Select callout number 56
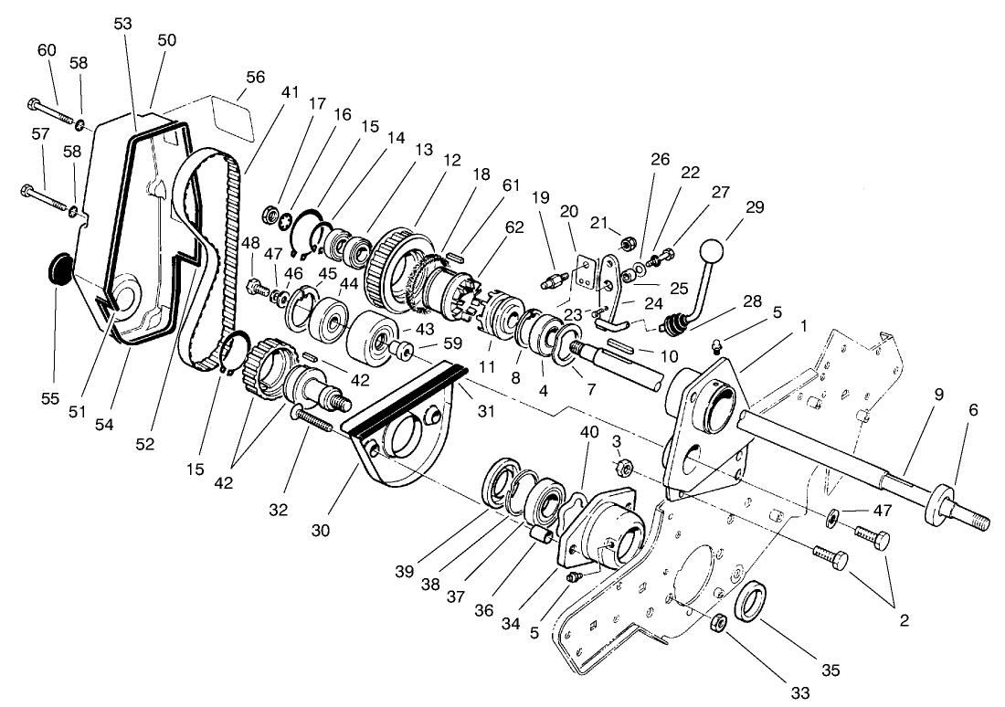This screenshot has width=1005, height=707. (255, 78)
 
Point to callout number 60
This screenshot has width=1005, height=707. (47, 49)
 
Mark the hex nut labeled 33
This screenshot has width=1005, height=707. (719, 624)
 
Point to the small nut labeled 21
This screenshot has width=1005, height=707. (629, 242)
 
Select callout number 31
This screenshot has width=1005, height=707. (485, 411)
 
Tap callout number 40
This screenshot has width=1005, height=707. (591, 433)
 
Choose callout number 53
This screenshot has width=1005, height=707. (122, 23)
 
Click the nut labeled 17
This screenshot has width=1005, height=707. (270, 215)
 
